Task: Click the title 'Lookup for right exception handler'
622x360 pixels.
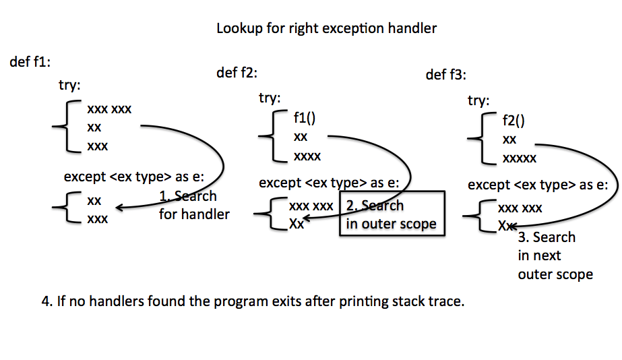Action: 326,28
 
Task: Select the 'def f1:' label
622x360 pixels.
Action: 30,62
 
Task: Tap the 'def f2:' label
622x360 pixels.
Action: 237,73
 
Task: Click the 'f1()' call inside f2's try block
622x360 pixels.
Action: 305,119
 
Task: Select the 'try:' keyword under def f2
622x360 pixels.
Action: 270,98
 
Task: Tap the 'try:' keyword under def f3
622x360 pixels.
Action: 478,101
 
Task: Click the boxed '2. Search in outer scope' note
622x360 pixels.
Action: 392,214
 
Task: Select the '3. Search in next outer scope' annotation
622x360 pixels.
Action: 554,256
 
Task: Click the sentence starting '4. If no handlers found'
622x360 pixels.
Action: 253,301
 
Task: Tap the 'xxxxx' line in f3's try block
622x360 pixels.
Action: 519,159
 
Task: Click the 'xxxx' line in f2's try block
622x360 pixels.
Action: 307,156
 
